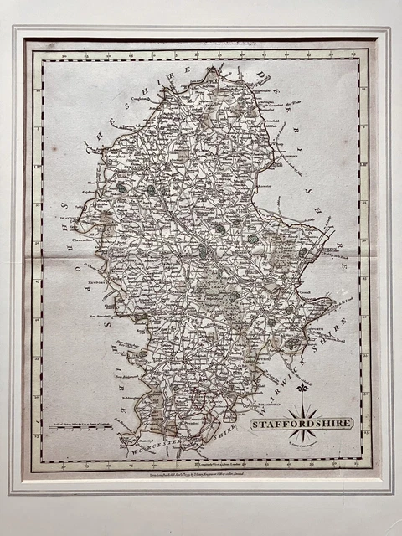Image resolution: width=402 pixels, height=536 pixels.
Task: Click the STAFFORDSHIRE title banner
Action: (x=302, y=424)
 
